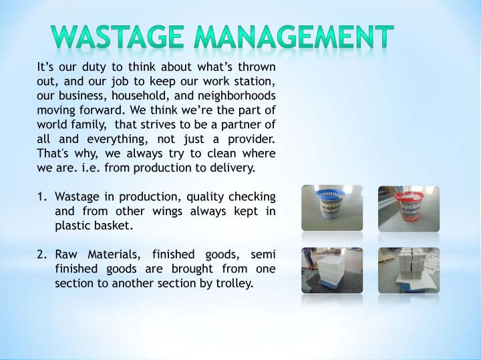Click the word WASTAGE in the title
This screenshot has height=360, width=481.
pyautogui.click(x=118, y=37)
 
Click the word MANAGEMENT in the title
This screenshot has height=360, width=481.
pyautogui.click(x=294, y=37)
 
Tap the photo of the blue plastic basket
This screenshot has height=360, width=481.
pyautogui.click(x=332, y=208)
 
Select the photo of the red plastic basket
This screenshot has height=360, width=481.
pyautogui.click(x=409, y=208)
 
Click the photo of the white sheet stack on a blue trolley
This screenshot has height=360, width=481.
pyautogui.click(x=332, y=270)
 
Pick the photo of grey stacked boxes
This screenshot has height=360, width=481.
pyautogui.click(x=409, y=270)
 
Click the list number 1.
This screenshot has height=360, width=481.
pyautogui.click(x=41, y=196)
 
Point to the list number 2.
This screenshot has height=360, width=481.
pyautogui.click(x=41, y=254)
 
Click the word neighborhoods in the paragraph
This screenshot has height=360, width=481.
pyautogui.click(x=236, y=96)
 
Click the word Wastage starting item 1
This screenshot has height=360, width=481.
pyautogui.click(x=77, y=196)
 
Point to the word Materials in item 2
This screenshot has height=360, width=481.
pyautogui.click(x=114, y=254)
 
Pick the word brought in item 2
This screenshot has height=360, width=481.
pyautogui.click(x=192, y=268)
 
